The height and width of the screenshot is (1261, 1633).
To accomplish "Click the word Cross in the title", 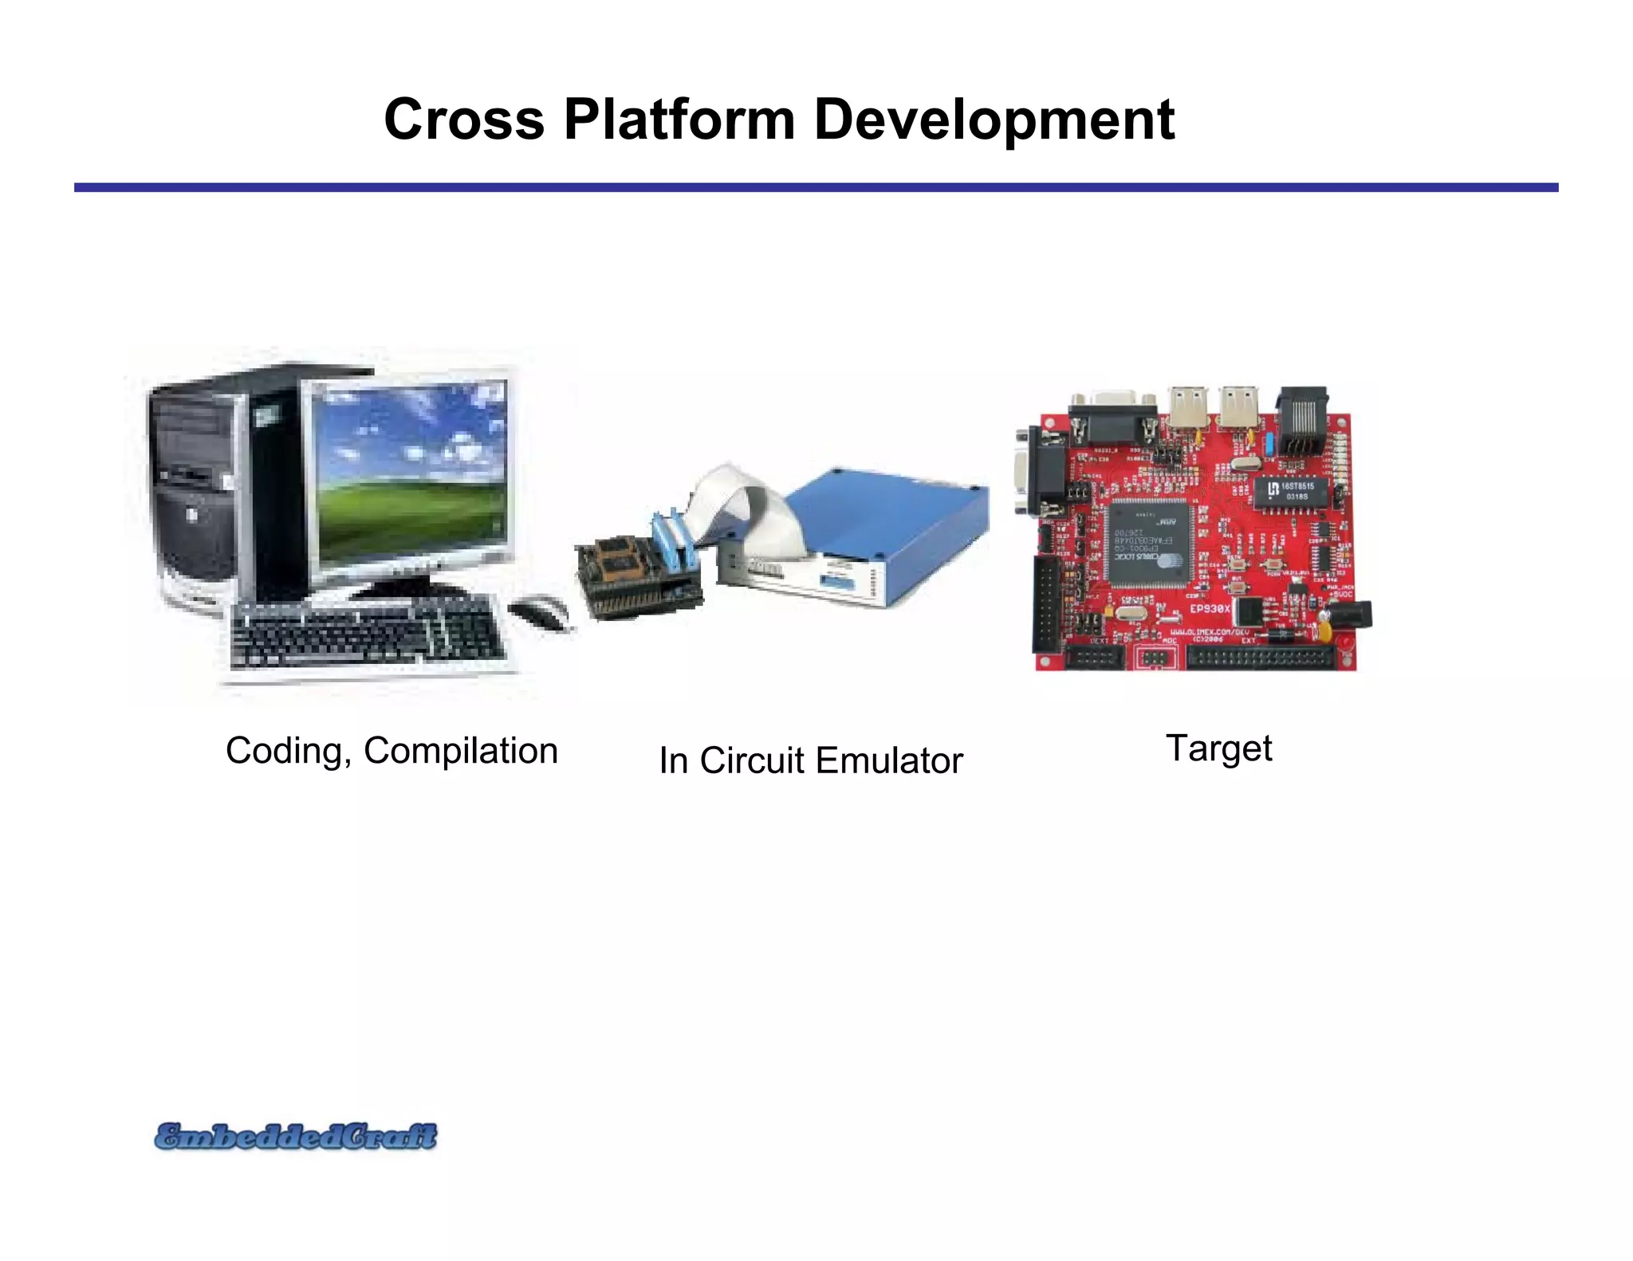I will click(463, 120).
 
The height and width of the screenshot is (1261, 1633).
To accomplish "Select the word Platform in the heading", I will click(679, 120).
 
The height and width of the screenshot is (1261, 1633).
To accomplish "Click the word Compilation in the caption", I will click(460, 751).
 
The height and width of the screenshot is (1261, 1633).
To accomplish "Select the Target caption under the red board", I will click(1218, 748).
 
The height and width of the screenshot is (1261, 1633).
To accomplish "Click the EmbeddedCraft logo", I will click(296, 1137).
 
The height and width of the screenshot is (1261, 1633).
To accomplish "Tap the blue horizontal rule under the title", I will click(816, 187).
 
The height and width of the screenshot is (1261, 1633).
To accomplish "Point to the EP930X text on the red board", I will click(1210, 608).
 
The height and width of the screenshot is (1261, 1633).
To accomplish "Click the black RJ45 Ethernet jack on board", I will click(1302, 422).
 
